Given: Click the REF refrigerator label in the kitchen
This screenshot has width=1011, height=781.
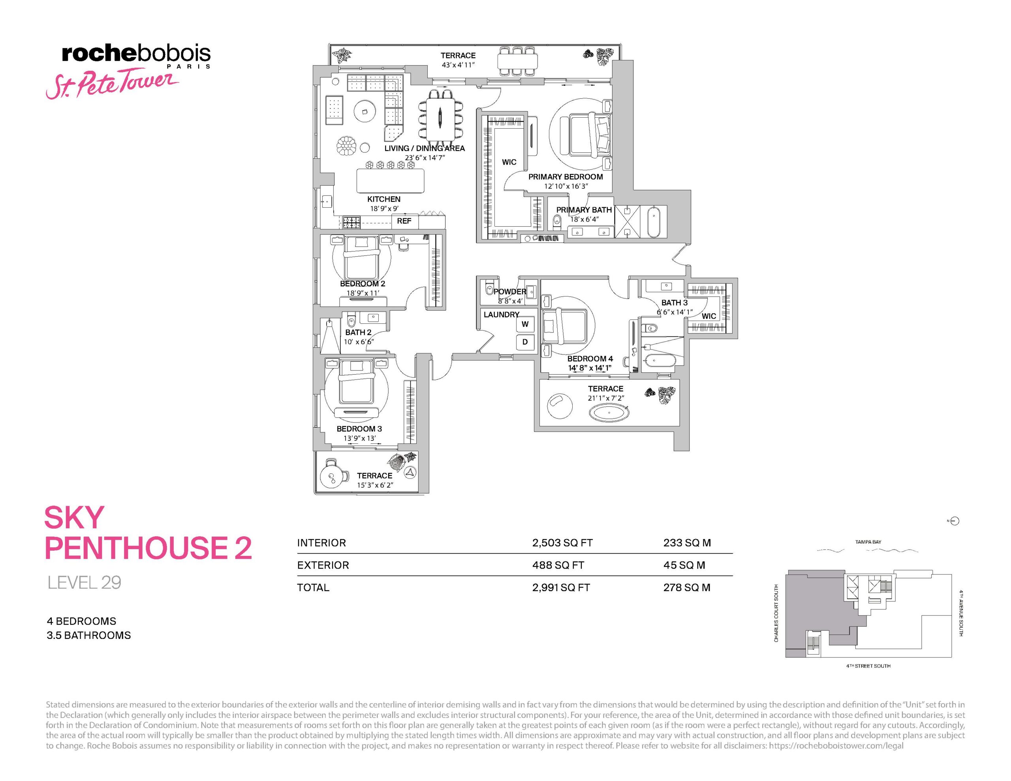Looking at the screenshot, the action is coord(404,221).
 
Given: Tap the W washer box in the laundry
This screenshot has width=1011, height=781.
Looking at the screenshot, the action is coord(525,324).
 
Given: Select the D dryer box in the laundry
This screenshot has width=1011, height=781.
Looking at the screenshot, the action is coord(525,342).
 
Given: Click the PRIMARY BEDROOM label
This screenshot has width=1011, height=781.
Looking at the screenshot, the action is coord(565,177).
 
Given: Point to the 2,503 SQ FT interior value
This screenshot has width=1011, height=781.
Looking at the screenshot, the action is coord(562,543).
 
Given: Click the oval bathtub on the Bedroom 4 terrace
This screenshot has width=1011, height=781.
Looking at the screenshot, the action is coord(609,413).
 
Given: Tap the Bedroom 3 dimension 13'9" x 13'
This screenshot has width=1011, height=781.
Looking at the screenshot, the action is coord(360,438).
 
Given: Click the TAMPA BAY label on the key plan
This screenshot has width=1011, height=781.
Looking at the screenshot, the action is coord(868,542).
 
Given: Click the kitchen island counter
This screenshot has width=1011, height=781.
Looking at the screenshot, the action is coord(390,180).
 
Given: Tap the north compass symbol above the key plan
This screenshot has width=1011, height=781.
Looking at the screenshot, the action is coord(954,521).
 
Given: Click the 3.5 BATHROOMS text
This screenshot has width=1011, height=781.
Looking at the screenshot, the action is coord(89,635).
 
